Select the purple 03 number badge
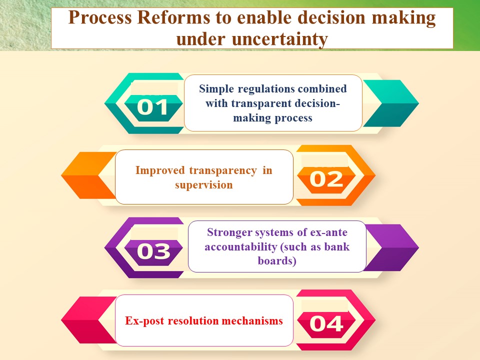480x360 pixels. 153,252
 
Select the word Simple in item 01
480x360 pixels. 216,89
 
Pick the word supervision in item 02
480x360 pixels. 204,185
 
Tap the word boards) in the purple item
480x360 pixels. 277,261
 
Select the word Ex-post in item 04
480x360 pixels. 144,321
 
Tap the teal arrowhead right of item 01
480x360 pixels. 390,103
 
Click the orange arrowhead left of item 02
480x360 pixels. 89,175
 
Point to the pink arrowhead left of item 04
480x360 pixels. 89,320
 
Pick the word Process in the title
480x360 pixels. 100,17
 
